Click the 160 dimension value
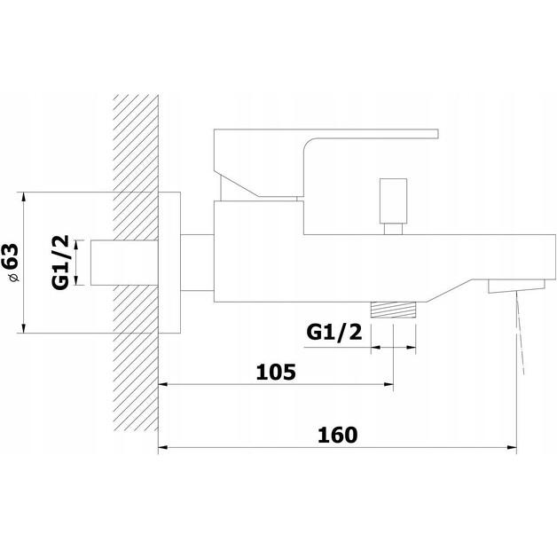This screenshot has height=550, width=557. (337, 435)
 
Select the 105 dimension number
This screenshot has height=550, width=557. (276, 372)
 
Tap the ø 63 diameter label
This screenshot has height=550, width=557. (11, 263)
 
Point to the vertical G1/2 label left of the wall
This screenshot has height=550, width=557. (60, 263)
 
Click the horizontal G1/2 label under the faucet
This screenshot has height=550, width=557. (334, 333)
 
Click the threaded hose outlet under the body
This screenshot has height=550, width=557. (393, 310)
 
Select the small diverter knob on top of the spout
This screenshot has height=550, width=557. (393, 200)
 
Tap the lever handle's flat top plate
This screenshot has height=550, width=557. (326, 134)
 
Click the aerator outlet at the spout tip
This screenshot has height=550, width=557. (516, 286)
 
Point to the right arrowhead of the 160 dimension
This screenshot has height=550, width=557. (513, 447)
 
